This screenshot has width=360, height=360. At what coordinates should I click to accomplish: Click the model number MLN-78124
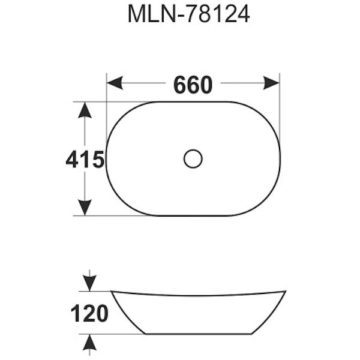188,15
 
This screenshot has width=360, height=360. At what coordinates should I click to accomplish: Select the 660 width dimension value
193,85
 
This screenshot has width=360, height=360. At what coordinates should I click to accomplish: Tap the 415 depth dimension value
85,160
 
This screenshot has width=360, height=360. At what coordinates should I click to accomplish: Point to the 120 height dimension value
89,313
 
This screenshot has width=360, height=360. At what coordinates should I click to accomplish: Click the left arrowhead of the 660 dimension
114,83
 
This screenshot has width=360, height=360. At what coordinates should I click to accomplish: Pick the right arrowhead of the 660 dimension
272,83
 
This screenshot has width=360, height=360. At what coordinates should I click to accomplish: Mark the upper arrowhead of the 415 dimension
85,110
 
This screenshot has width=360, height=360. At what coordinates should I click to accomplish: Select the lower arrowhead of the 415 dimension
85,207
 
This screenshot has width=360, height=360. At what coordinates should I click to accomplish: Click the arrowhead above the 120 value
89,283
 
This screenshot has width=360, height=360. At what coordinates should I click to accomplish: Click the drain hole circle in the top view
193,159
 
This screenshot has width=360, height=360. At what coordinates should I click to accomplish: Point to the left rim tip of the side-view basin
113,292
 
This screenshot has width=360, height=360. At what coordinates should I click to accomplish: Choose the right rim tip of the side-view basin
284,292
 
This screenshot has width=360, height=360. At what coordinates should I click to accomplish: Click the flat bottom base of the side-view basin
198,334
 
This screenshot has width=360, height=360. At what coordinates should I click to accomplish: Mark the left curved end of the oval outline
107,159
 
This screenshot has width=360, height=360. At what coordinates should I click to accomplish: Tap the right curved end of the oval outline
280,159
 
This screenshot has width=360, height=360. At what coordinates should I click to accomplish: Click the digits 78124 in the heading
218,15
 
